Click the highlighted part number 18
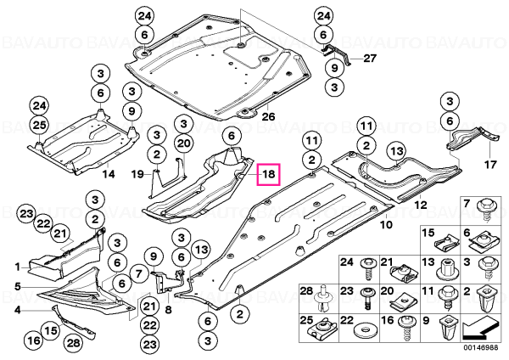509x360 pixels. (x=268, y=174)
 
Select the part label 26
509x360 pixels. (x=268, y=116)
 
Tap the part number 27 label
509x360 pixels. (x=370, y=59)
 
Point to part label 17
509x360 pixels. (x=490, y=165)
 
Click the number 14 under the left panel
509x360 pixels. (x=109, y=174)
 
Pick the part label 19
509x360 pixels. (x=137, y=174)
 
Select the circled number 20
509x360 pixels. (x=184, y=143)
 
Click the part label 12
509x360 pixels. (x=421, y=205)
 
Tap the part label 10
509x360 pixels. (x=386, y=224)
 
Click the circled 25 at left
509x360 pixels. (x=39, y=125)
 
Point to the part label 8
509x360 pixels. (x=168, y=310)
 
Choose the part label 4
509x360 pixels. (x=17, y=310)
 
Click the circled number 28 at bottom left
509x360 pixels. (x=73, y=343)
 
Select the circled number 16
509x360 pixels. (x=34, y=340)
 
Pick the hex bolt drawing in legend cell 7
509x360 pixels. (x=484, y=211)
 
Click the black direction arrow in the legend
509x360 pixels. (x=480, y=329)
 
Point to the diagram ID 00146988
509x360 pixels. (x=480, y=347)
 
